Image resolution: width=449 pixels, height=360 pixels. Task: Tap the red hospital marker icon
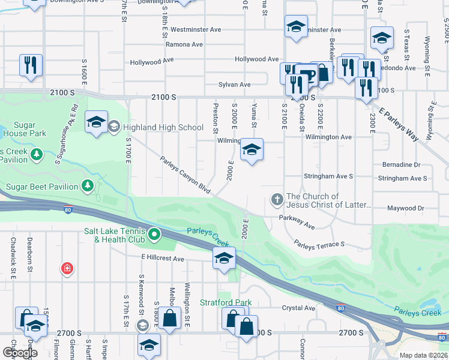67,268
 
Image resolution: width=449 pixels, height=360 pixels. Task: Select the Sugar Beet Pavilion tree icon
88,186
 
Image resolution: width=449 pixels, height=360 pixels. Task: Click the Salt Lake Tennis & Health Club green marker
154,234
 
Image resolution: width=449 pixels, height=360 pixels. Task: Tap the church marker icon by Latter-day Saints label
277,199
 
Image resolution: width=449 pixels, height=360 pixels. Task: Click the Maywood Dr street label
406,208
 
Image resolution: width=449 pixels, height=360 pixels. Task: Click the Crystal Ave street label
298,308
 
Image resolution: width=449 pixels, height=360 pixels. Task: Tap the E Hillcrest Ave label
163,258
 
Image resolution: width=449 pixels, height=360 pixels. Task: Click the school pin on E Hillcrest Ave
224,259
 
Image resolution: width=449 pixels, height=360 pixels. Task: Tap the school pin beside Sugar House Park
95,122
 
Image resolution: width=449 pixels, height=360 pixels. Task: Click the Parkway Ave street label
297,223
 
